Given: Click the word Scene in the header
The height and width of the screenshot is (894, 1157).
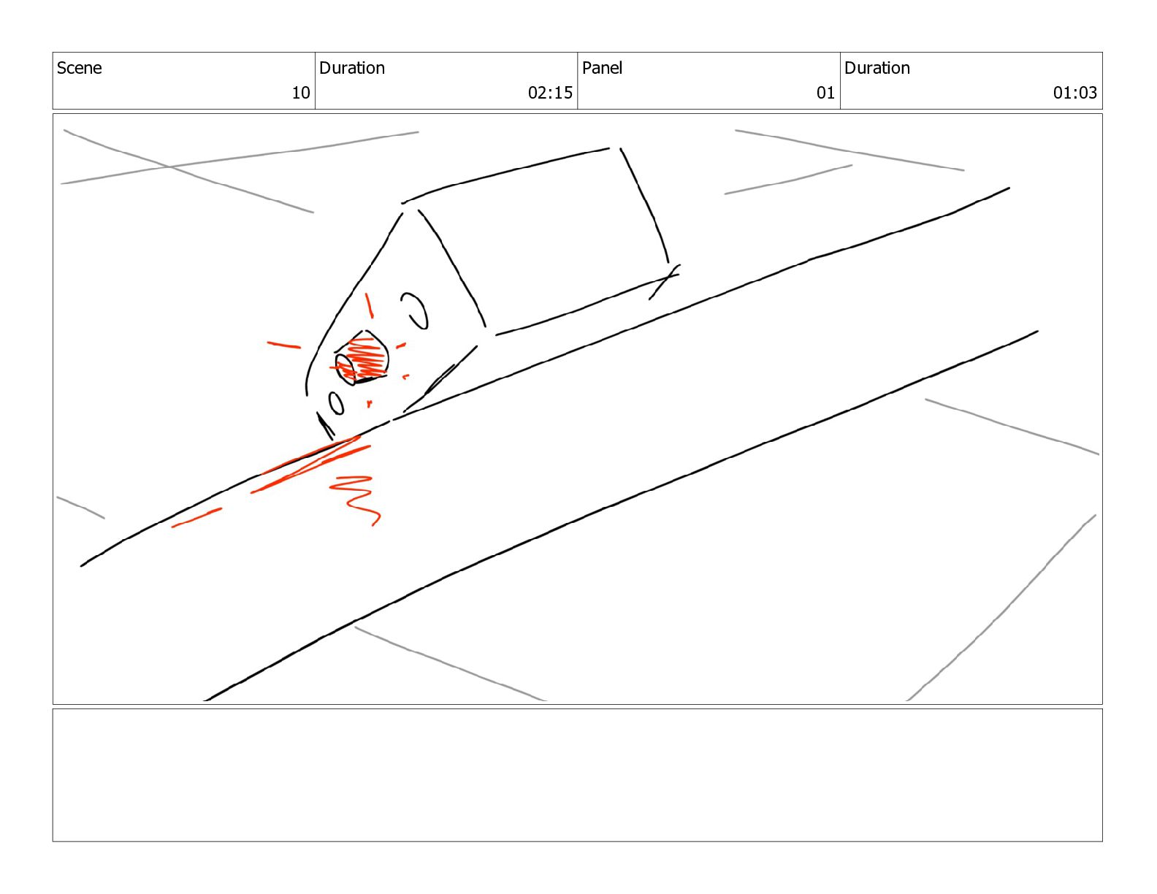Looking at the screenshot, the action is click(x=79, y=68).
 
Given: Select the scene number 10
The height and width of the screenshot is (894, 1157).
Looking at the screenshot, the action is click(x=301, y=93).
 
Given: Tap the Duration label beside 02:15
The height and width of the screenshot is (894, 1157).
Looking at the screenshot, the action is click(x=351, y=68).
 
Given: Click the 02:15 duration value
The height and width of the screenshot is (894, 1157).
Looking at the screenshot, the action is click(x=550, y=93).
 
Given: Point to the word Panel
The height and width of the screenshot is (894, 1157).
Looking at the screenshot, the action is click(x=602, y=68).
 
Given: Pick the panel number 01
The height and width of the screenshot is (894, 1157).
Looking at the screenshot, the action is click(x=825, y=93).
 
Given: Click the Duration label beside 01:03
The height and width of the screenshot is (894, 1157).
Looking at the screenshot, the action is click(x=877, y=68).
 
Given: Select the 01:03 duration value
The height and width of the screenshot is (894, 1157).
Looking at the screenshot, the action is click(x=1075, y=93).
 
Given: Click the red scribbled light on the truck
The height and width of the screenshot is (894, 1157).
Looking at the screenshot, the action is click(x=363, y=358).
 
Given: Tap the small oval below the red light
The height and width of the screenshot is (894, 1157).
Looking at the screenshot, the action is click(x=336, y=404).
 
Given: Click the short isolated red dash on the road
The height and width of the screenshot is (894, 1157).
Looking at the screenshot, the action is click(x=196, y=518).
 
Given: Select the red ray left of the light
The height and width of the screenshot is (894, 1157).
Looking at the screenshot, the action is click(x=284, y=345).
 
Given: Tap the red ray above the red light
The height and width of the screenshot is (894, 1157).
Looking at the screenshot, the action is click(x=369, y=305).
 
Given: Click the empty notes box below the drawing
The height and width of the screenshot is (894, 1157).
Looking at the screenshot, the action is click(x=577, y=775).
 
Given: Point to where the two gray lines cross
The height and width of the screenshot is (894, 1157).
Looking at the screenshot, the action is click(x=169, y=167).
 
